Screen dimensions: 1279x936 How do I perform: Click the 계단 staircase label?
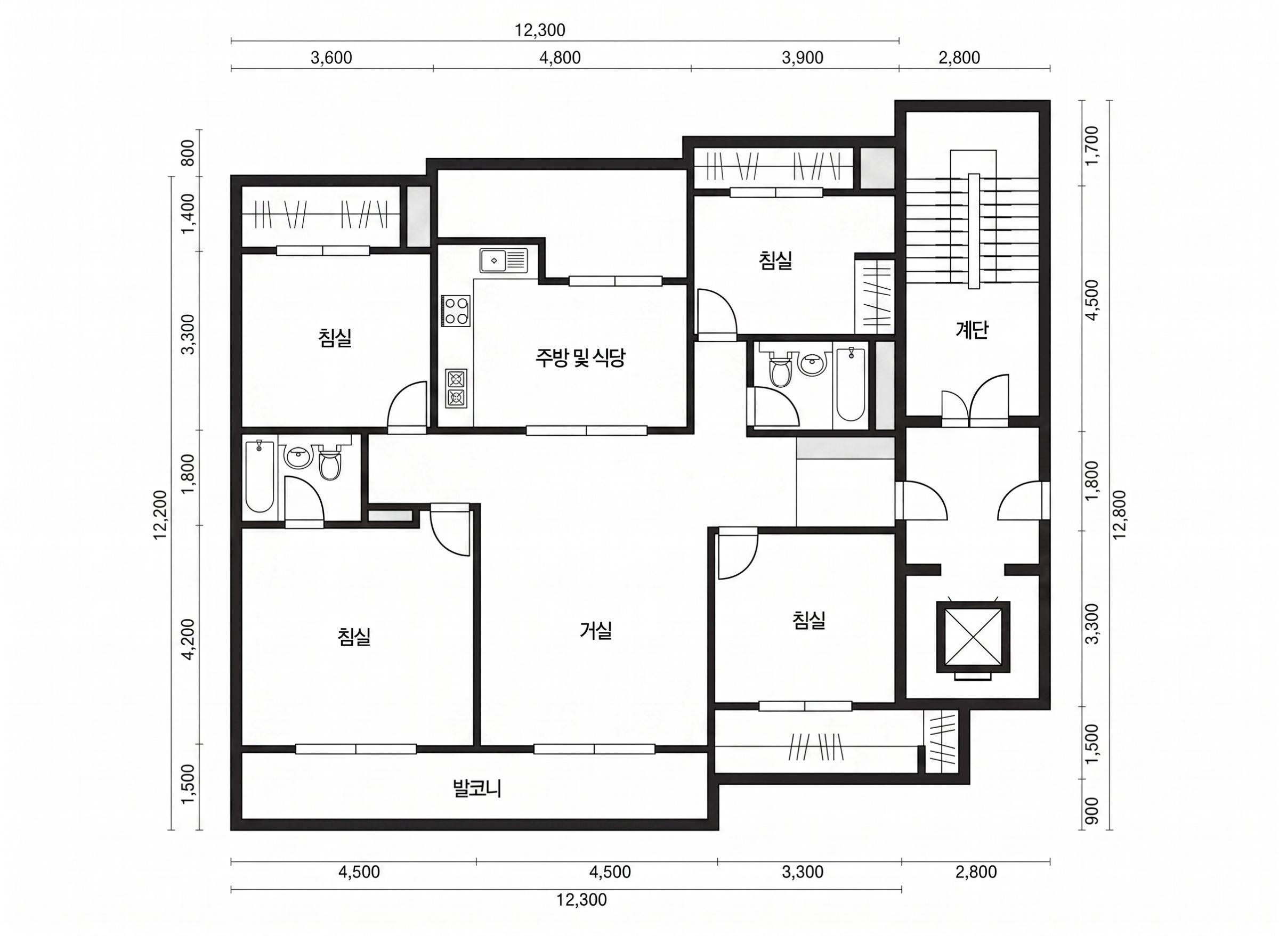click(x=972, y=330)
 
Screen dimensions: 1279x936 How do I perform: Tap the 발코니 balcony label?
click(x=477, y=788)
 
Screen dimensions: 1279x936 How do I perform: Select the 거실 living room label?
click(x=596, y=631)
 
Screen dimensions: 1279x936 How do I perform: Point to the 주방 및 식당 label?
click(x=580, y=357)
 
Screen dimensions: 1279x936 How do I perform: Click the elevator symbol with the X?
click(x=973, y=637)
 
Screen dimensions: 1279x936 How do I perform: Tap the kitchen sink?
click(x=504, y=261)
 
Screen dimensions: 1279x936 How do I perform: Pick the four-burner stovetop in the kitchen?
click(x=456, y=311)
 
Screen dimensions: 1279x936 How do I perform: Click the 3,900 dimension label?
click(x=803, y=58)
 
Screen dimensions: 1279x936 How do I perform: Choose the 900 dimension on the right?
click(x=1091, y=811)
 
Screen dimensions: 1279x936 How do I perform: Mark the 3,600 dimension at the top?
click(x=331, y=58)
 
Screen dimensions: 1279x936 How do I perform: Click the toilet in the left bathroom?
click(x=329, y=462)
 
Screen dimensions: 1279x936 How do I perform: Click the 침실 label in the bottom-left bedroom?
click(x=354, y=636)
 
